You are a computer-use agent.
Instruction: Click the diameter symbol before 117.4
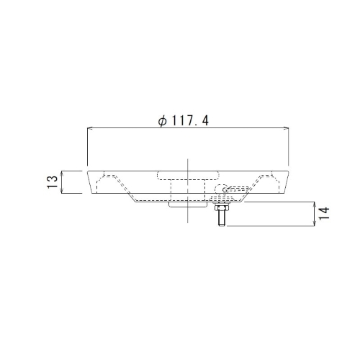click(163, 122)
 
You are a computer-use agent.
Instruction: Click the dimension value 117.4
click(190, 121)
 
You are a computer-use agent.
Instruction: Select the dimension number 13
click(53, 182)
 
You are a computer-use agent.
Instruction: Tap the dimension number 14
click(324, 213)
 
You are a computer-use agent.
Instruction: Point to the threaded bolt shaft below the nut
click(221, 217)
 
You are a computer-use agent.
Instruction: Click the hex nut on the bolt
click(221, 207)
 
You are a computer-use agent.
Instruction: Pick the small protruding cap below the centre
click(188, 204)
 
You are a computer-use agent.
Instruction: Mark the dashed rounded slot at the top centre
click(188, 176)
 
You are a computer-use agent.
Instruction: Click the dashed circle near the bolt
click(220, 189)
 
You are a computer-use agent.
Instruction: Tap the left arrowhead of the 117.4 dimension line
click(89, 128)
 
